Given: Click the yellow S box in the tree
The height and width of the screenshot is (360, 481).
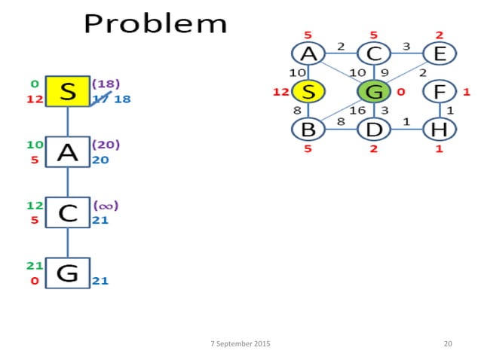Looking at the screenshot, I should (x=68, y=91).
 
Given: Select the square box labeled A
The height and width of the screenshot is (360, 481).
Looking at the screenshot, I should (x=68, y=152).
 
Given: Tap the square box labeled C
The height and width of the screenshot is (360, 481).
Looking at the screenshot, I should (x=68, y=212).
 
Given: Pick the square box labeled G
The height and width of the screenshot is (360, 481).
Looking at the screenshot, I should (x=68, y=273).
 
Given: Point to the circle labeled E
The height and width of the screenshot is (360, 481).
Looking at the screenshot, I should (x=437, y=54).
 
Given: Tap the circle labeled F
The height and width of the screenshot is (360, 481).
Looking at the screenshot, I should (x=437, y=92).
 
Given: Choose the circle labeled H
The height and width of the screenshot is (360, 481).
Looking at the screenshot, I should (x=437, y=129).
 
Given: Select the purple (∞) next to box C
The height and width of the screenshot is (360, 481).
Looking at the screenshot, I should (x=106, y=205).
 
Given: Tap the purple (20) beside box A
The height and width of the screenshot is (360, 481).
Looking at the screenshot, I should (x=106, y=144).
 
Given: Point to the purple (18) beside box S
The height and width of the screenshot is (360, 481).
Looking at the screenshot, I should (x=106, y=83).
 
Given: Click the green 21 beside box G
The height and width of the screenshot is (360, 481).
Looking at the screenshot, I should (x=33, y=265).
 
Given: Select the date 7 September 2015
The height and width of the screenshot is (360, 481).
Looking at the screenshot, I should (x=240, y=343).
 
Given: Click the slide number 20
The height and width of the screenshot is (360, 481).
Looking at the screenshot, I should (x=448, y=343).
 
